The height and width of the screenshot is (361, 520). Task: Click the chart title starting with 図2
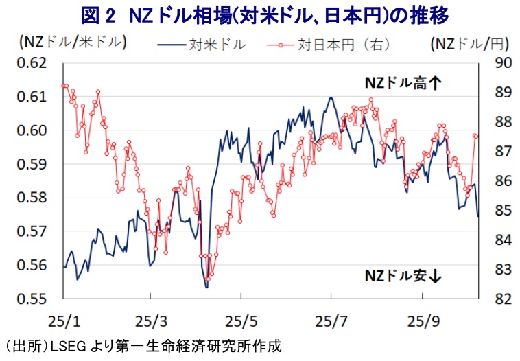[259, 13]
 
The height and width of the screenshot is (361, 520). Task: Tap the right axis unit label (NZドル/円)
[471, 44]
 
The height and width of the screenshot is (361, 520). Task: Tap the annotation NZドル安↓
[404, 277]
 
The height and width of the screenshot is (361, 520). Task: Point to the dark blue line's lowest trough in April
[206, 287]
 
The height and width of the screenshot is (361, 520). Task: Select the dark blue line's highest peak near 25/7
[331, 97]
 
